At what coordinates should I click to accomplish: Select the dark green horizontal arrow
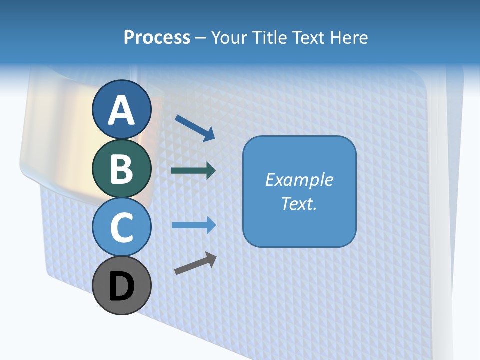pyautogui.click(x=193, y=171)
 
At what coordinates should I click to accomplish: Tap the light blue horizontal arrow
pyautogui.click(x=193, y=225)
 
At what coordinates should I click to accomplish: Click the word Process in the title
pyautogui.click(x=157, y=38)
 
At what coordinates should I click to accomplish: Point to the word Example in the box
pyautogui.click(x=299, y=180)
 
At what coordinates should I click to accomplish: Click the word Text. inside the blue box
pyautogui.click(x=299, y=203)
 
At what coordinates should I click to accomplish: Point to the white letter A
pyautogui.click(x=121, y=110)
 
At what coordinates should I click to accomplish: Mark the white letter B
pyautogui.click(x=121, y=169)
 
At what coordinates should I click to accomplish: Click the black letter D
pyautogui.click(x=121, y=287)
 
